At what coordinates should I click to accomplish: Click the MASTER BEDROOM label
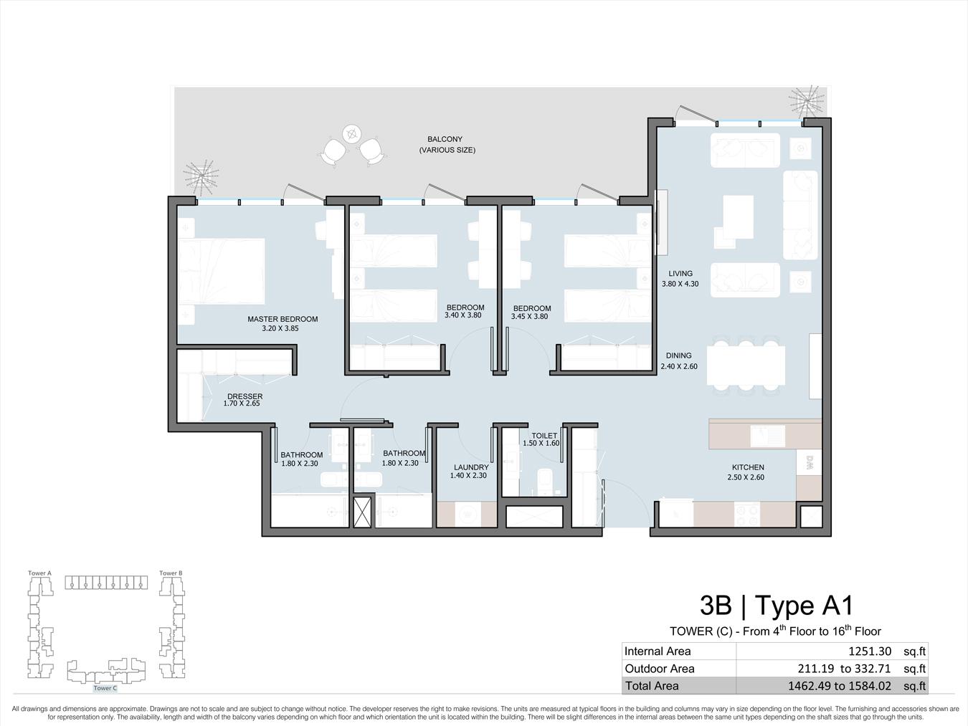[x=283, y=319]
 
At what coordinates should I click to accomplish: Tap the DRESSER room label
[x=245, y=396]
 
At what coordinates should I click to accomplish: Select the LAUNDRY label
[x=471, y=467]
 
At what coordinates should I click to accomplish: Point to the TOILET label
[x=544, y=435]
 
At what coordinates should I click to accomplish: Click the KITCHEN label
[x=748, y=467]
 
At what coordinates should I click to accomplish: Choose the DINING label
[x=679, y=355]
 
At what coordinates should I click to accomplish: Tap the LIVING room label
[x=680, y=273]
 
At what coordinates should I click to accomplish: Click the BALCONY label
[x=445, y=139]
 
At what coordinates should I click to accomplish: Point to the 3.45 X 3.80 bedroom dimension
[x=529, y=316]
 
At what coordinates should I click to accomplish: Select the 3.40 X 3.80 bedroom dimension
[x=462, y=315]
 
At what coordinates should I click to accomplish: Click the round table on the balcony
[x=351, y=133]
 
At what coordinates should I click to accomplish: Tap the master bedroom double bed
[x=222, y=271]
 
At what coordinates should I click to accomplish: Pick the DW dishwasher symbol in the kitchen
[x=810, y=462]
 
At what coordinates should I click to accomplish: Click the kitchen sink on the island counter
[x=768, y=436]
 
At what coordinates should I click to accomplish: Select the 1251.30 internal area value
[x=870, y=651]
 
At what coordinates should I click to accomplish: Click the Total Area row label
[x=652, y=685]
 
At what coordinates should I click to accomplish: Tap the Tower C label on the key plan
[x=105, y=687]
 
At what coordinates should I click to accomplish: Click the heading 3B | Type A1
[x=777, y=605]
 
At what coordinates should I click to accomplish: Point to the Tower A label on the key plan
[x=39, y=573]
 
